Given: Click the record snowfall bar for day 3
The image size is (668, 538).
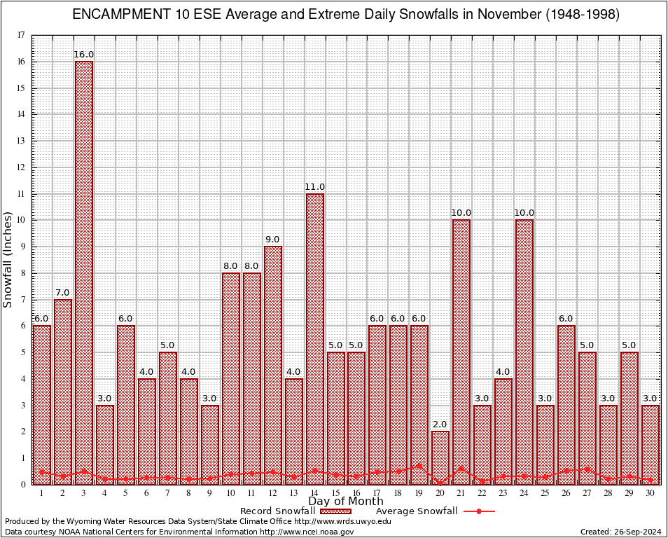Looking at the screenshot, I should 84,273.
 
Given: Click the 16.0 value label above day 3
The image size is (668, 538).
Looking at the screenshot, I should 84,54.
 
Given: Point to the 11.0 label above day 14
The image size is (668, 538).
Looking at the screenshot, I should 314,186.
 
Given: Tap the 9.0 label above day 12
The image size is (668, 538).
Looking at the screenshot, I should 272,240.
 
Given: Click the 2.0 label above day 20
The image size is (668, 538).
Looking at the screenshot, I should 440,425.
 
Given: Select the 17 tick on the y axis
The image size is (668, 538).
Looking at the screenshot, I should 21,35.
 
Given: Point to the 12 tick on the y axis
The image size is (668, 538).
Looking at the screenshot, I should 21,167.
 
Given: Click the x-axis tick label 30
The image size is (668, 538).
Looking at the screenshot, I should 650,493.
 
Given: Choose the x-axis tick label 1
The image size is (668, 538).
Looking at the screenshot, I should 42,493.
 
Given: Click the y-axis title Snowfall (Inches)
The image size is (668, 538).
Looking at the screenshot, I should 8,259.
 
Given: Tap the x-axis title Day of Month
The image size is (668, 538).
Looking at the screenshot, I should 345,502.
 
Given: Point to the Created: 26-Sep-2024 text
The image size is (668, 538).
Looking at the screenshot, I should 621,532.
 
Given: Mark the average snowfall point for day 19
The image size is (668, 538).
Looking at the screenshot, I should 419,465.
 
